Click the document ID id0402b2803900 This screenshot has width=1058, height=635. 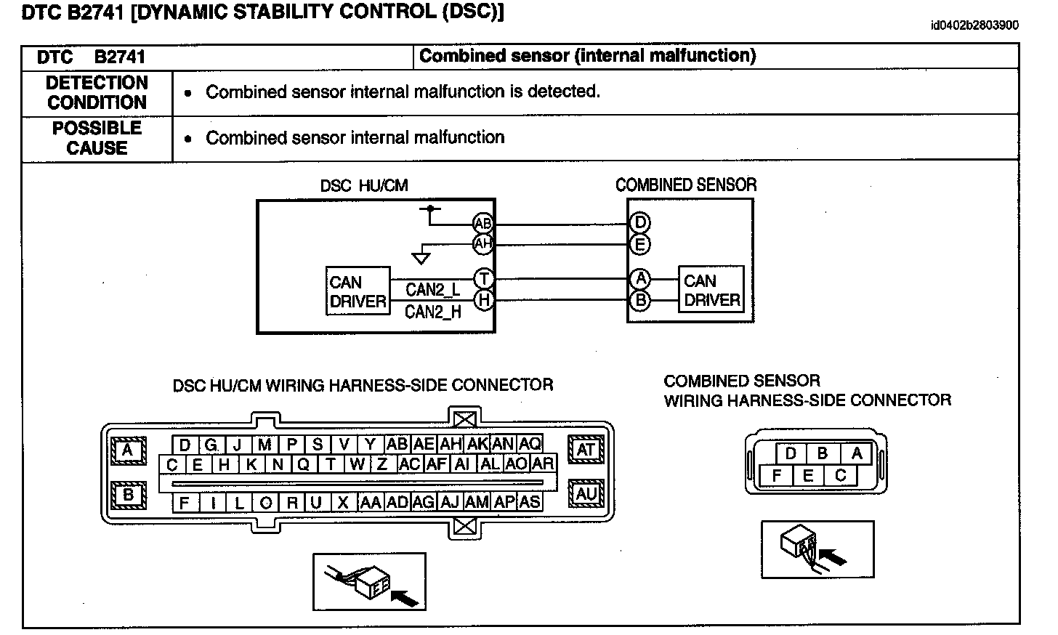974,25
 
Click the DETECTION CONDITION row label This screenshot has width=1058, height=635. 97,92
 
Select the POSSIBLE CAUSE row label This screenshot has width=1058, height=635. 97,138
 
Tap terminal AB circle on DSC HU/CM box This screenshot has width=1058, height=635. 482,223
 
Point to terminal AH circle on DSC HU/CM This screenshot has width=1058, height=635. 482,243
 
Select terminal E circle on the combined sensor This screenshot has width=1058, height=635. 639,244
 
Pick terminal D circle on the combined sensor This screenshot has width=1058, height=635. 639,223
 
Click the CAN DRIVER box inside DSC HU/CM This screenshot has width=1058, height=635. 358,291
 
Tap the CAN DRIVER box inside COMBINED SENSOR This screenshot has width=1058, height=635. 711,290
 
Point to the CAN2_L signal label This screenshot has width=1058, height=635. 432,289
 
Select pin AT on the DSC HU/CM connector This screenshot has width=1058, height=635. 586,450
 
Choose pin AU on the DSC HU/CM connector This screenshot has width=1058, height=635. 586,494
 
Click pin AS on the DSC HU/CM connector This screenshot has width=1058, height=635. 530,501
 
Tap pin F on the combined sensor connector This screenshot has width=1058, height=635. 777,476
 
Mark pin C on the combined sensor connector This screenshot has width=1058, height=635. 840,476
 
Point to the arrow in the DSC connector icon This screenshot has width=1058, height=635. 406,596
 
